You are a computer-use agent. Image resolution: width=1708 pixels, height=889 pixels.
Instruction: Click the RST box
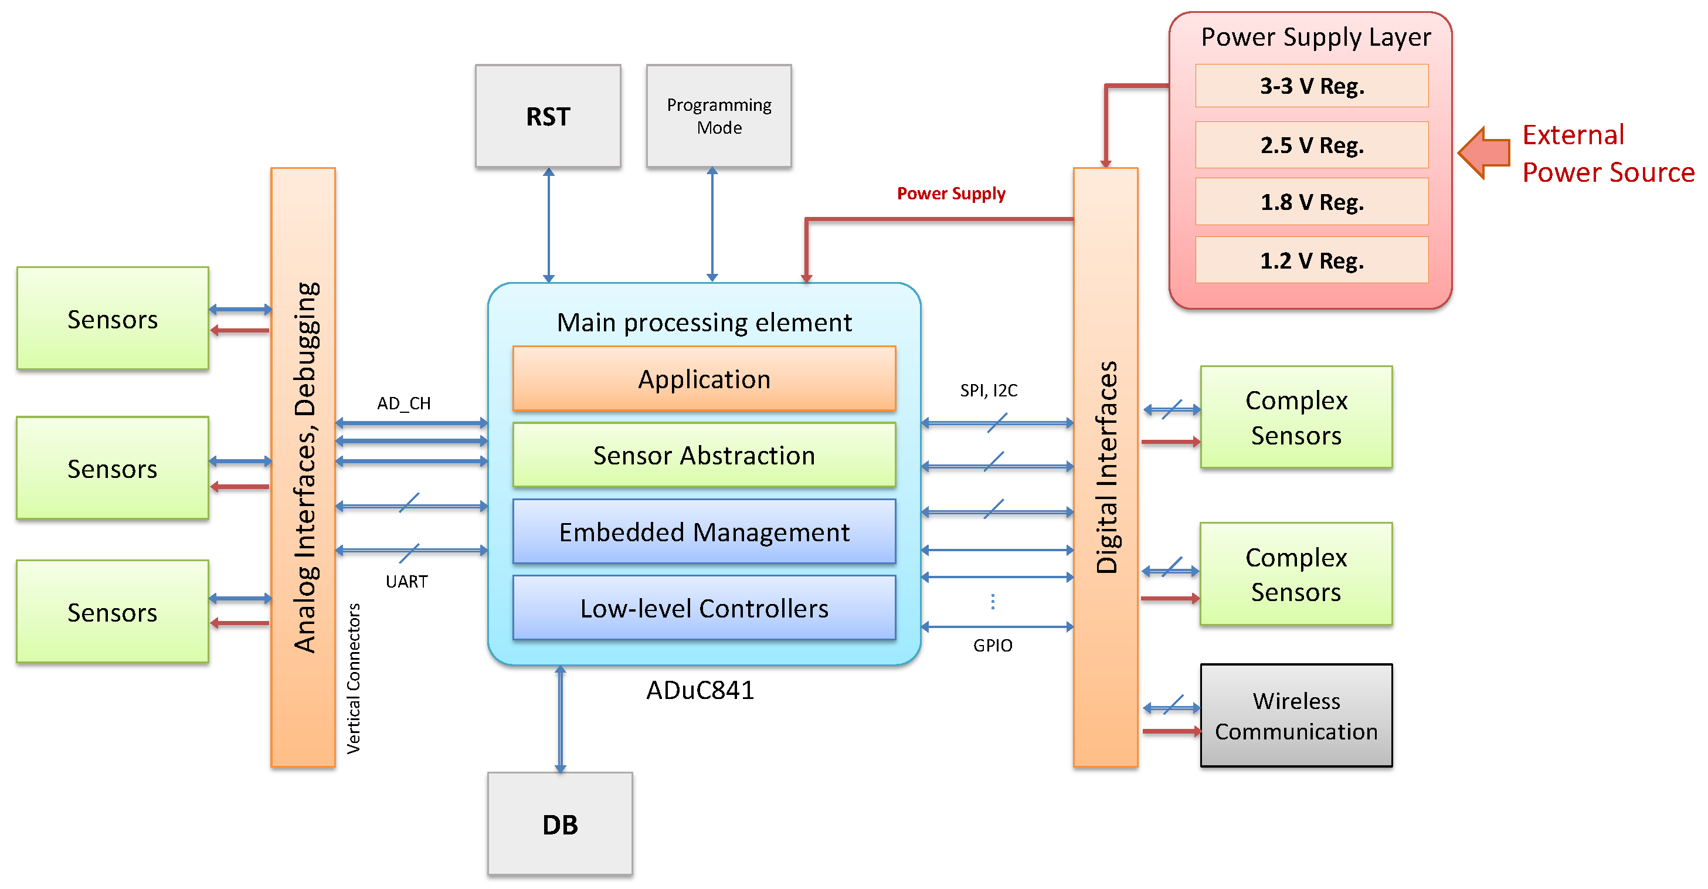[x=548, y=116]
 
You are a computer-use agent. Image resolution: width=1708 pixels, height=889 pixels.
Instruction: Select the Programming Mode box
[x=719, y=116]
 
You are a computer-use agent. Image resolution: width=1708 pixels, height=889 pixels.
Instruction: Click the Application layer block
[x=704, y=379]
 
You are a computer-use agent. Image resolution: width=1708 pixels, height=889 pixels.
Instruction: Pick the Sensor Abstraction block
[x=704, y=456]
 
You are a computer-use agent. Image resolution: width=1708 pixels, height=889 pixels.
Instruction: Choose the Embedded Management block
[x=704, y=532]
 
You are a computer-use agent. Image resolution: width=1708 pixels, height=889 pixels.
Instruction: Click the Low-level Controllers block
[x=704, y=608]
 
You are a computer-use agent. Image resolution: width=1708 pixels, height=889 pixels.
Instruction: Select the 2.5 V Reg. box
[x=1312, y=144]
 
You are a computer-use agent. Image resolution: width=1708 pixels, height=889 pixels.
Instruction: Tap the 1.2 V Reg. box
[x=1312, y=260]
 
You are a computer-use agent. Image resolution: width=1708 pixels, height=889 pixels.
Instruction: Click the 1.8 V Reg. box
[x=1312, y=202]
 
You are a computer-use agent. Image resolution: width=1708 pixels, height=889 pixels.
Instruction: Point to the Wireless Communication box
[x=1296, y=716]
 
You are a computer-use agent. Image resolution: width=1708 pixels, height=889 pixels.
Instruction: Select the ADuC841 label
[x=700, y=690]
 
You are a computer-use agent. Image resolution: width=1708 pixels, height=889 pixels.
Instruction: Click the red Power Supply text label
[x=951, y=194]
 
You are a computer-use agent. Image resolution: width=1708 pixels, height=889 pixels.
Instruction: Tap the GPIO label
[x=993, y=645]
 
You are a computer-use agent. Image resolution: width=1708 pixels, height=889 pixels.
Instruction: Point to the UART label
[x=406, y=581]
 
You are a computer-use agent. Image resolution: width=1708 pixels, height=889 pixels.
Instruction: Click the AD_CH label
[x=404, y=403]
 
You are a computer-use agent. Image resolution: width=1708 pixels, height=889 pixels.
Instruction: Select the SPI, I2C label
[x=989, y=390]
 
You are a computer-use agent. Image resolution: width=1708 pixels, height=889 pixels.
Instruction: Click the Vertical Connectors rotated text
[x=354, y=678]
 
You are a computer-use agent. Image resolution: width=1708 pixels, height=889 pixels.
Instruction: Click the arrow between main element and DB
[x=561, y=720]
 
